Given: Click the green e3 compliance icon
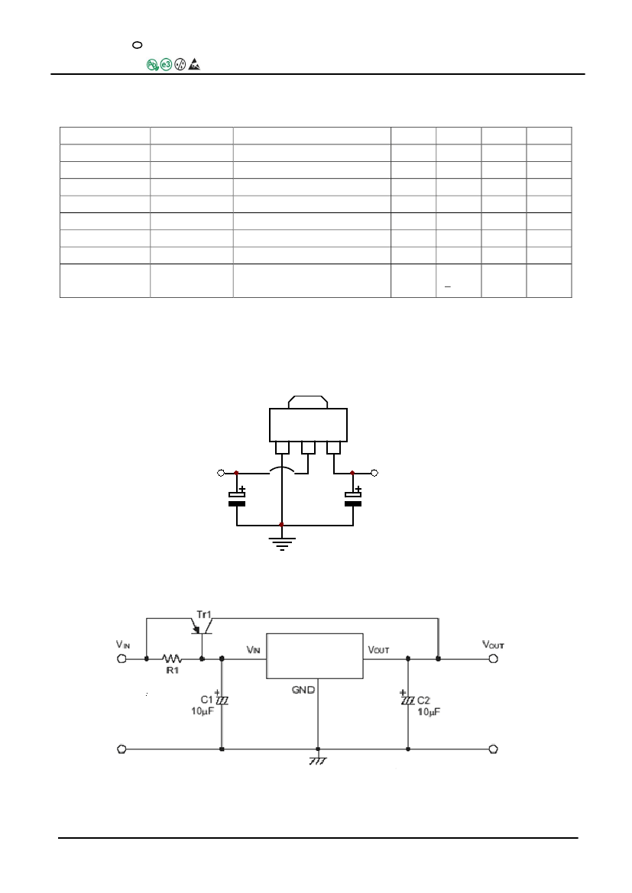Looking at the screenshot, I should click(167, 66).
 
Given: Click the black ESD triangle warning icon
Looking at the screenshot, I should click(194, 66).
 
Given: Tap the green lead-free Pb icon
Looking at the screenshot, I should click(152, 66).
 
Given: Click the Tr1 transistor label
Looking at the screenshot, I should click(203, 615).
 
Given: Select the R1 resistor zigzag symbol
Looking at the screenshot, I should click(172, 657).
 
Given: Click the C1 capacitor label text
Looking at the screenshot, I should click(206, 700).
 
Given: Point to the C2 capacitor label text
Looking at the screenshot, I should click(425, 700).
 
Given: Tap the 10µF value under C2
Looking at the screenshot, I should click(429, 711).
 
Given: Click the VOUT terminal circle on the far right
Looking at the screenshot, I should click(493, 658).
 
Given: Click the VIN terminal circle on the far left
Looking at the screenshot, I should click(121, 658).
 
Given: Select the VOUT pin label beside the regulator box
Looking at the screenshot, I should click(379, 650).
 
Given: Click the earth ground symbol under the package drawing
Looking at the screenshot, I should click(282, 544).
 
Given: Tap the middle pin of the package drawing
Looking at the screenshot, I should click(308, 447).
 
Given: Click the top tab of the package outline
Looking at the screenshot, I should click(307, 401).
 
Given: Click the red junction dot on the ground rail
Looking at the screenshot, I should click(282, 525).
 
